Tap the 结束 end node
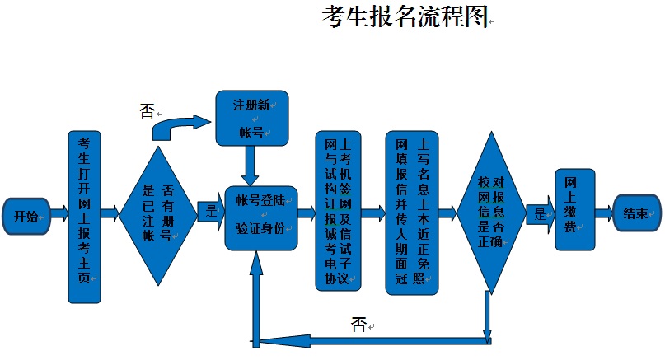pyautogui.click(x=636, y=213)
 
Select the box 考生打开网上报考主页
pyautogui.click(x=83, y=217)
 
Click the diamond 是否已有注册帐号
pyautogui.click(x=157, y=216)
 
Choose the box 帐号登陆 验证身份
pyautogui.click(x=260, y=215)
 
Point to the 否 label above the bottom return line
pyautogui.click(x=358, y=324)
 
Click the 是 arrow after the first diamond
pyautogui.click(x=210, y=213)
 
